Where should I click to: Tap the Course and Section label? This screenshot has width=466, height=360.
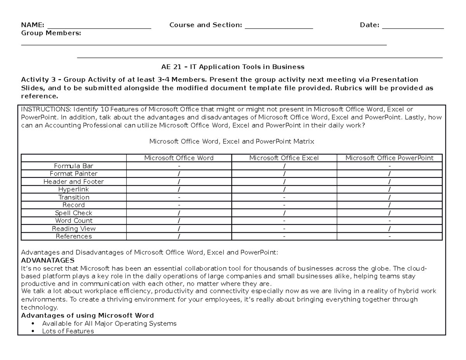[x=205, y=25]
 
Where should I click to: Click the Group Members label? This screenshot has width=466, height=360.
[x=51, y=33]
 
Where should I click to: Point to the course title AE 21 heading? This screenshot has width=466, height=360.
[x=233, y=66]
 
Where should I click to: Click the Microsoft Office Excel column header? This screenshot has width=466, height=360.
[x=284, y=158]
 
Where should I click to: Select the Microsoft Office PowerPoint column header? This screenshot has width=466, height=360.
[x=389, y=158]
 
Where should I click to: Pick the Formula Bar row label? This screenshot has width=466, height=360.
[x=74, y=166]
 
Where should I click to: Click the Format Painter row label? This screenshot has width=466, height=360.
[x=74, y=174]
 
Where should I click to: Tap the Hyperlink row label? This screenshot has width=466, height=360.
[x=74, y=189]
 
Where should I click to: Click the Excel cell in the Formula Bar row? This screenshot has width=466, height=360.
[x=284, y=166]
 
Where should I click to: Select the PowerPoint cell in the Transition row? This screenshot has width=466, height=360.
[x=389, y=197]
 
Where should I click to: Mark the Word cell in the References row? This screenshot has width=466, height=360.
[x=179, y=236]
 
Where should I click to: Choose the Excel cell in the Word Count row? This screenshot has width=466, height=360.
[x=284, y=221]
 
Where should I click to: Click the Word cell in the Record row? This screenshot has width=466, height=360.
[x=179, y=205]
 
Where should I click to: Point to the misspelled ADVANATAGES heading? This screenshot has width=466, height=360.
[x=48, y=260]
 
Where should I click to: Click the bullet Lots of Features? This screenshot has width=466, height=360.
[x=68, y=331]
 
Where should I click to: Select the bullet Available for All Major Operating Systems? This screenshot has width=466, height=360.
[x=109, y=323]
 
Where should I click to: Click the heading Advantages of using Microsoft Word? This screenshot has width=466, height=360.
[x=87, y=315]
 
